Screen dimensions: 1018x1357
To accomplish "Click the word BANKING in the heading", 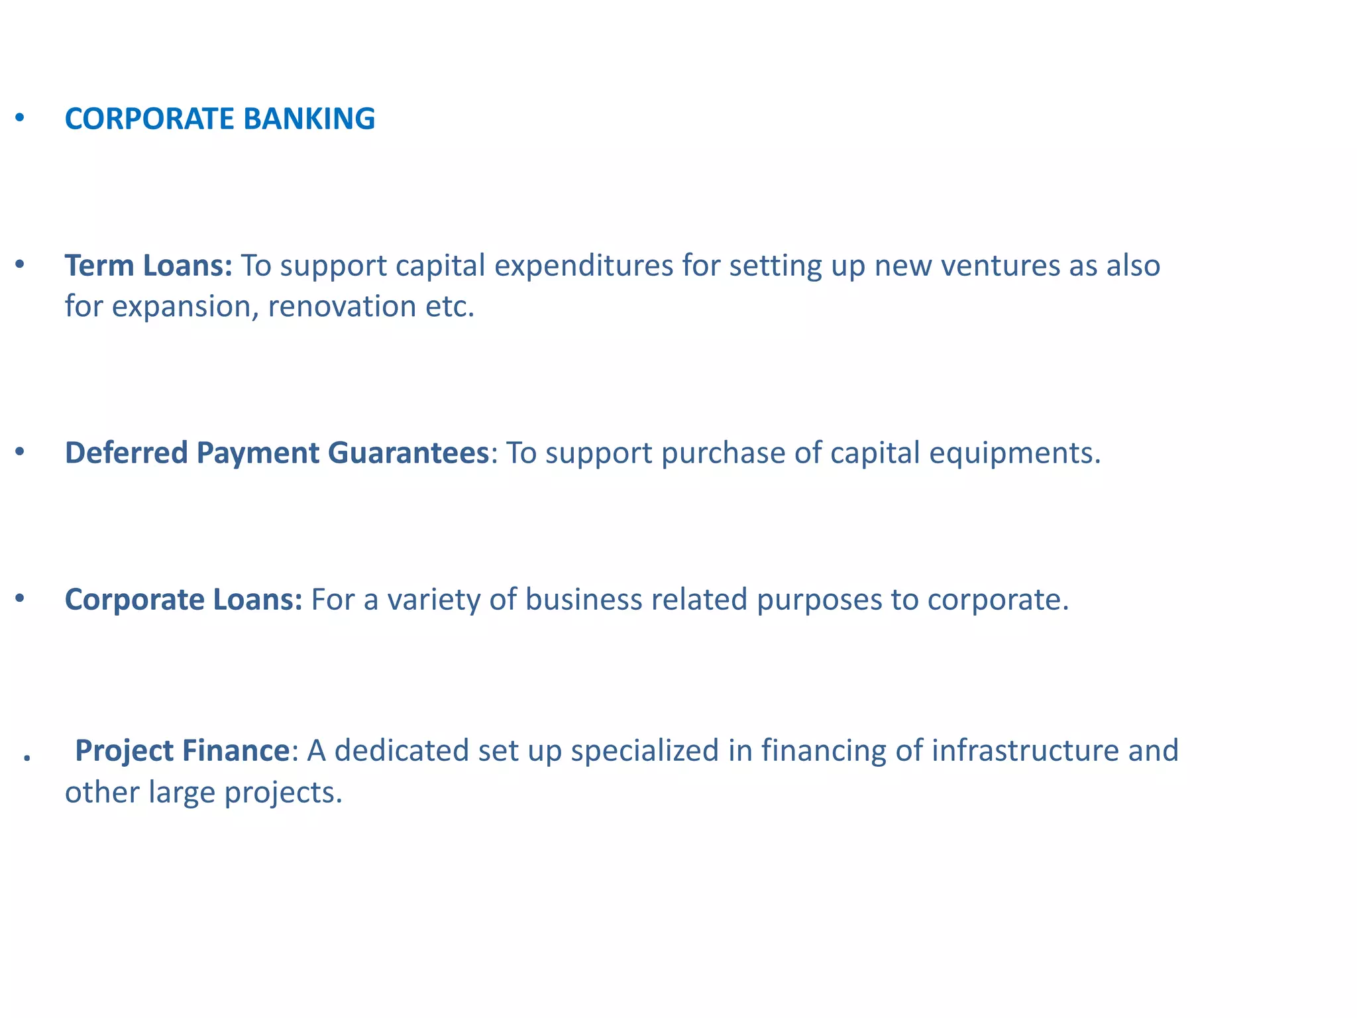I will pyautogui.click(x=309, y=119).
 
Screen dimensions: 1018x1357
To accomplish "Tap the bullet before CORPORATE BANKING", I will pyautogui.click(x=20, y=118).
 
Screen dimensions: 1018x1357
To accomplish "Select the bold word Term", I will pyautogui.click(x=99, y=266).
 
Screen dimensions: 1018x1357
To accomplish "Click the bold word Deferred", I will pyautogui.click(x=126, y=453).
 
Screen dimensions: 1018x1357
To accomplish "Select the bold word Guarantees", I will pyautogui.click(x=408, y=453).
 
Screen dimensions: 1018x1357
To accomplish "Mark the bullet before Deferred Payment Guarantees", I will pyautogui.click(x=20, y=452).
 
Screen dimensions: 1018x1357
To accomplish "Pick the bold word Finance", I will pyautogui.click(x=236, y=751).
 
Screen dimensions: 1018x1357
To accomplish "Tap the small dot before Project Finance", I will pyautogui.click(x=27, y=758).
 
